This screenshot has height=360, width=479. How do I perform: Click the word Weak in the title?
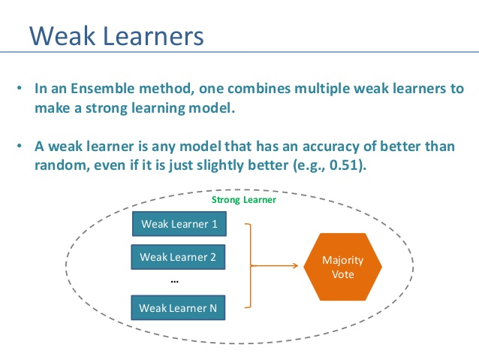click(x=62, y=36)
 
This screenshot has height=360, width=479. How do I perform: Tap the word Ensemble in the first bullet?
click(x=102, y=89)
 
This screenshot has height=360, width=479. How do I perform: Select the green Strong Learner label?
click(x=244, y=200)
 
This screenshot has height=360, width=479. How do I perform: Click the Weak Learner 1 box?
click(x=179, y=224)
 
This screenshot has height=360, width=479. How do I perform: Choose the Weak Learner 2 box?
click(x=178, y=257)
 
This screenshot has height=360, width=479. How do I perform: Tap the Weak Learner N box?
click(x=178, y=307)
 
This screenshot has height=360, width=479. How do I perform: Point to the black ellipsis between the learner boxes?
click(x=174, y=282)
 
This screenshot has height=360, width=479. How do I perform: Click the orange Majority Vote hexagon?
click(x=343, y=267)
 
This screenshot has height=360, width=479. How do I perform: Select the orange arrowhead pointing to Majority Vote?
click(x=295, y=266)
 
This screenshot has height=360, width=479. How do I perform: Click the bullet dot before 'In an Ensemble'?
click(x=20, y=89)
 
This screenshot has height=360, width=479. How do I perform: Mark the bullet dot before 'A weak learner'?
click(x=20, y=146)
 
